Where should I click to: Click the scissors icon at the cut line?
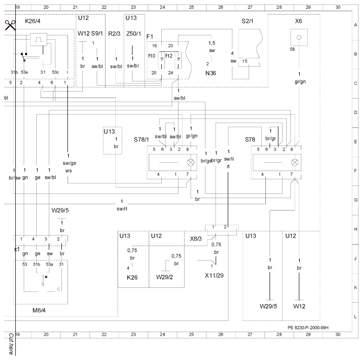[10, 25]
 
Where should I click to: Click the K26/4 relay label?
[33, 21]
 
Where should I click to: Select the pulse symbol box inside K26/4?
[39, 40]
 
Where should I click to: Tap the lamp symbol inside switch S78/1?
[191, 162]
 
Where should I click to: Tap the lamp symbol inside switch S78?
[295, 162]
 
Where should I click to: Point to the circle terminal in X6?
[299, 37]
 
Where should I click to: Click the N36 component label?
[211, 73]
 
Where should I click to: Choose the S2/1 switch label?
[247, 21]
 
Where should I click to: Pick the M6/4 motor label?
[39, 310]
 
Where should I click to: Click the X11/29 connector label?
[214, 275]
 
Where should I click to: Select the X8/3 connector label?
[196, 239]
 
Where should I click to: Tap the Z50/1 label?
[133, 33]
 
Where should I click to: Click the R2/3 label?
[114, 33]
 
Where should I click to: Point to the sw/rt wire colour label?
[122, 209]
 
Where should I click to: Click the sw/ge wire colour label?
[69, 163]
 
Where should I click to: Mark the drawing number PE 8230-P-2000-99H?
[308, 327]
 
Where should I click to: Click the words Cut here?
[11, 344]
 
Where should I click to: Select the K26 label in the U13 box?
[132, 277]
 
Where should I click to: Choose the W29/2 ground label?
[165, 277]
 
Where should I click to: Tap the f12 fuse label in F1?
[169, 56]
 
